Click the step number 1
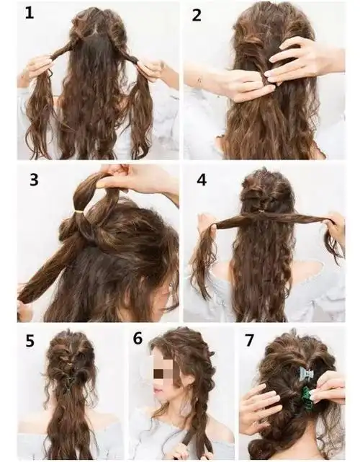click(29, 13)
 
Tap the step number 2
click(197, 15)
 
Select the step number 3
click(34, 179)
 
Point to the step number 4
click(202, 179)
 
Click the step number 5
click(30, 341)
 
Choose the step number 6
click(138, 338)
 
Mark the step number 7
click(249, 340)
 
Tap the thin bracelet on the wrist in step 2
click(201, 79)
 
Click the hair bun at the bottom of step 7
click(260, 450)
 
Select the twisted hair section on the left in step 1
click(60, 50)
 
